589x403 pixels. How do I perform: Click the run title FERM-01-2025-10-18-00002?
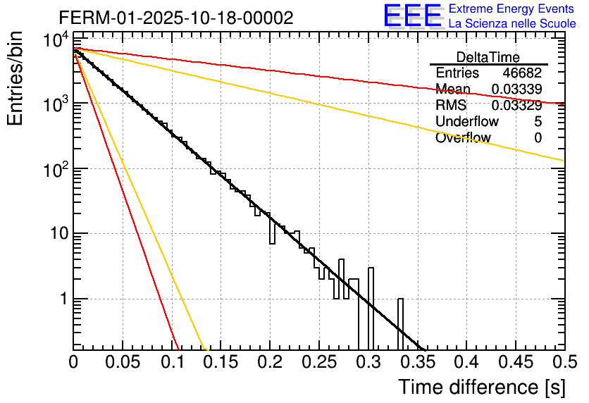pyautogui.click(x=175, y=18)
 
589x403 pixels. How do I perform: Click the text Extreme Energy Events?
pyautogui.click(x=512, y=9)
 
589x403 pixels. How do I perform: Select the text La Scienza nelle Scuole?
pyautogui.click(x=512, y=23)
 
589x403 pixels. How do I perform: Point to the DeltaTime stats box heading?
pyautogui.click(x=488, y=57)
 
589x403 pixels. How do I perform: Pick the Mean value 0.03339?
pyautogui.click(x=516, y=89)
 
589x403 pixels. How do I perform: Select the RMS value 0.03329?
pyautogui.click(x=516, y=106)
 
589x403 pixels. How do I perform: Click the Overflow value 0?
pyautogui.click(x=538, y=138)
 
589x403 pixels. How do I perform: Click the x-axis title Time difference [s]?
pyautogui.click(x=481, y=387)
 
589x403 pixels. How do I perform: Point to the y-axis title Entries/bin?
pyautogui.click(x=15, y=78)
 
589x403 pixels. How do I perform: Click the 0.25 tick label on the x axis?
pyautogui.click(x=318, y=363)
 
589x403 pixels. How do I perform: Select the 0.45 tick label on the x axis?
pyautogui.click(x=515, y=363)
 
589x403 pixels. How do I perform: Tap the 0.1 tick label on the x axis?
pyautogui.click(x=171, y=363)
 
